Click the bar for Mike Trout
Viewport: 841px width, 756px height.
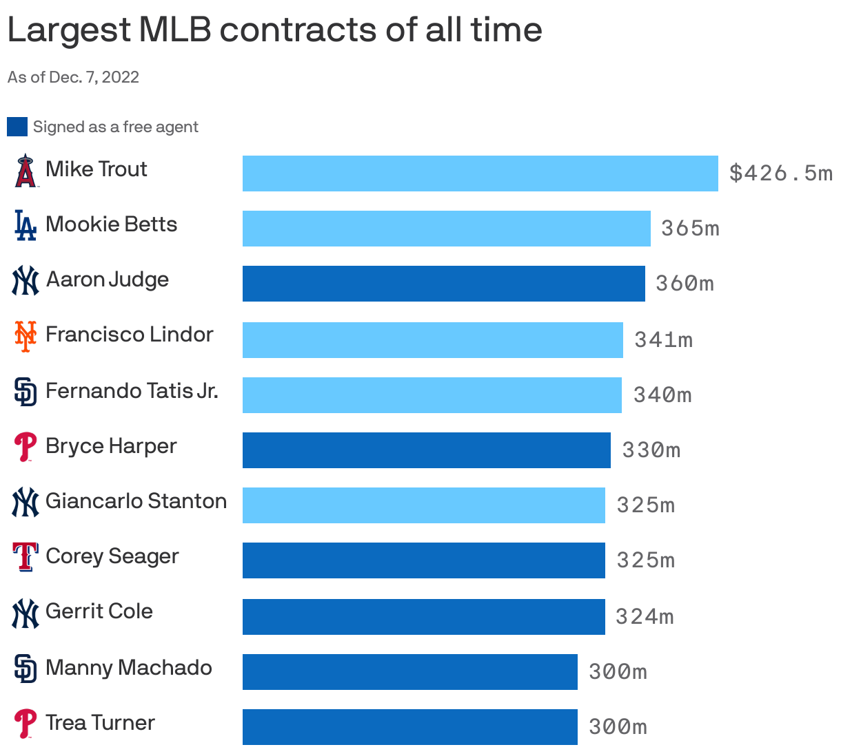[480, 174]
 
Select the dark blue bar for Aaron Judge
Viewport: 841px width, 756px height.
[443, 284]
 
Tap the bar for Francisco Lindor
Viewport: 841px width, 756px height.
[432, 340]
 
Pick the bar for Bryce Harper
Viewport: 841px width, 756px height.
[426, 450]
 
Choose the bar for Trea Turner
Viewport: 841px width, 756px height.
[409, 727]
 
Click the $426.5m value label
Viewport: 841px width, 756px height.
[780, 174]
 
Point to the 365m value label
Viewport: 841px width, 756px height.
[690, 229]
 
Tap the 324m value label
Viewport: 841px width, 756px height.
[645, 617]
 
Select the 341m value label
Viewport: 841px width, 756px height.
[663, 340]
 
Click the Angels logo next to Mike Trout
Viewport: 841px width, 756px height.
[26, 171]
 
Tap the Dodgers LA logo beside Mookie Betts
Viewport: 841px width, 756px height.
[26, 225]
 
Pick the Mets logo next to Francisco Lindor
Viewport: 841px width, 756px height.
[26, 336]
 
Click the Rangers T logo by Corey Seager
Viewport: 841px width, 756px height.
[26, 557]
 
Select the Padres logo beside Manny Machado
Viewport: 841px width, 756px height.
[26, 669]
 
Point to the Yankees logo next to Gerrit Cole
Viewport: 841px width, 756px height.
[26, 613]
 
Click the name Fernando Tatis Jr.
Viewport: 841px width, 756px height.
[132, 391]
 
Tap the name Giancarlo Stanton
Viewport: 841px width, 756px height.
[136, 501]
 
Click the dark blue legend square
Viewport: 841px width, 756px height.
[17, 127]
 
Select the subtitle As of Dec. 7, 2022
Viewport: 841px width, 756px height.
[73, 77]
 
